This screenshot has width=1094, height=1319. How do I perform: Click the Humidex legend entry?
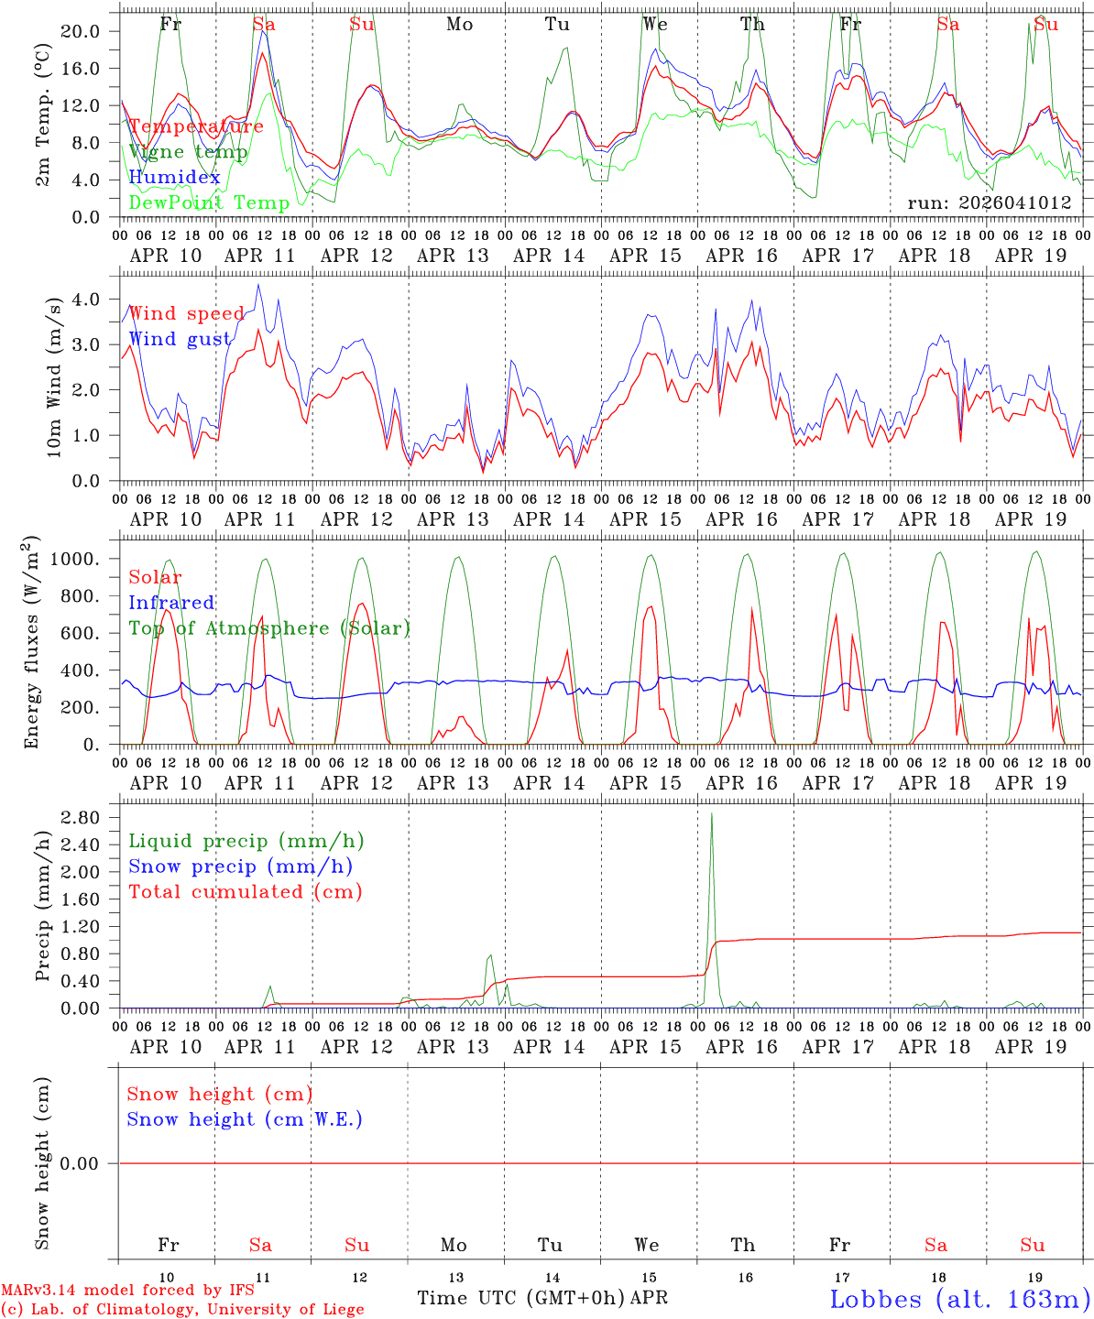[x=174, y=178]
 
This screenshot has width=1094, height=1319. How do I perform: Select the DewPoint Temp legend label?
[x=209, y=203]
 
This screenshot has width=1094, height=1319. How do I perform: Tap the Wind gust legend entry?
[x=180, y=340]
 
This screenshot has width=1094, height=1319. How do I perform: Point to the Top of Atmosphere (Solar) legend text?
[x=268, y=628]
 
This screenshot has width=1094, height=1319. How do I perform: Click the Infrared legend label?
[x=171, y=603]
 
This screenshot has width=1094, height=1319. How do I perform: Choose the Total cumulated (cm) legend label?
[x=245, y=892]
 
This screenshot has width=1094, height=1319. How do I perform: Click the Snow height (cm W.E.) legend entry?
[x=244, y=1119]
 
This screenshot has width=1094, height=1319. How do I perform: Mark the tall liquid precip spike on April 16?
[x=712, y=815]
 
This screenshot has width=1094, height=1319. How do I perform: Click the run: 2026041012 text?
[x=989, y=203]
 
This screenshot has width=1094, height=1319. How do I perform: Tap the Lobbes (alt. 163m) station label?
[x=959, y=1299]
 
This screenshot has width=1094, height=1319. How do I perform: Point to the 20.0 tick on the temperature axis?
[x=82, y=31]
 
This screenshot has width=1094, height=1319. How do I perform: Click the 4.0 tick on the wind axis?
[x=86, y=299]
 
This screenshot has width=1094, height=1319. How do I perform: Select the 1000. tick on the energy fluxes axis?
[x=77, y=559]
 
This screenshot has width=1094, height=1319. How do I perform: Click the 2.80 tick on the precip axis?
[x=82, y=817]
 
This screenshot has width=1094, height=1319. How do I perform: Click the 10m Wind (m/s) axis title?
[x=54, y=376]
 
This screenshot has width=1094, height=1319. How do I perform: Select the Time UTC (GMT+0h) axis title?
[x=520, y=1298]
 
